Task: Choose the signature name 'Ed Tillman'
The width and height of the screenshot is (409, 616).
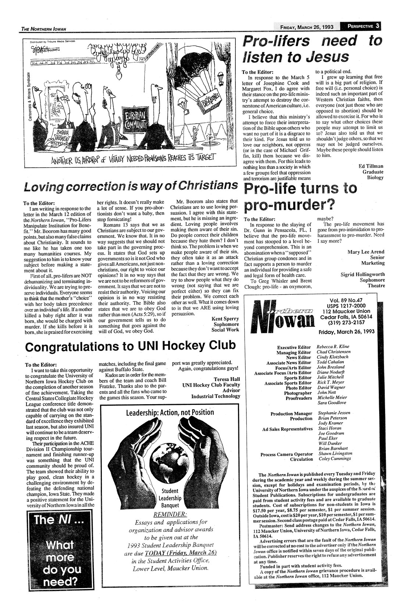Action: click(371, 166)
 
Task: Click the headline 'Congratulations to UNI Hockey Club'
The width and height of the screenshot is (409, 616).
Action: click(131, 346)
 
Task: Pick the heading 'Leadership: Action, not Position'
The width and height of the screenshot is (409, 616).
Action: click(170, 412)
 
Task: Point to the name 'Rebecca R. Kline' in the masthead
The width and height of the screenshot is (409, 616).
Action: click(333, 346)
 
